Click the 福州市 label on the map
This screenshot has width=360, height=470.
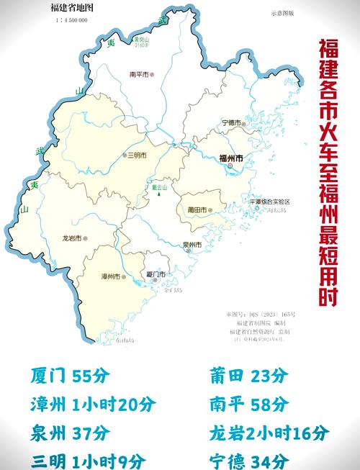pyautogui.click(x=230, y=157)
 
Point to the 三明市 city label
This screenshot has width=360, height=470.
pyautogui.click(x=136, y=155)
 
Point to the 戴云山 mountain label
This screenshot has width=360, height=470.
pyautogui.click(x=159, y=187)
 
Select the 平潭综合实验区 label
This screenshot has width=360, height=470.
pyautogui.click(x=269, y=202)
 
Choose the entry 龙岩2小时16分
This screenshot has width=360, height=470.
pyautogui.click(x=269, y=433)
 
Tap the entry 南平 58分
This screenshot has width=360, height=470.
pyautogui.click(x=247, y=405)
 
